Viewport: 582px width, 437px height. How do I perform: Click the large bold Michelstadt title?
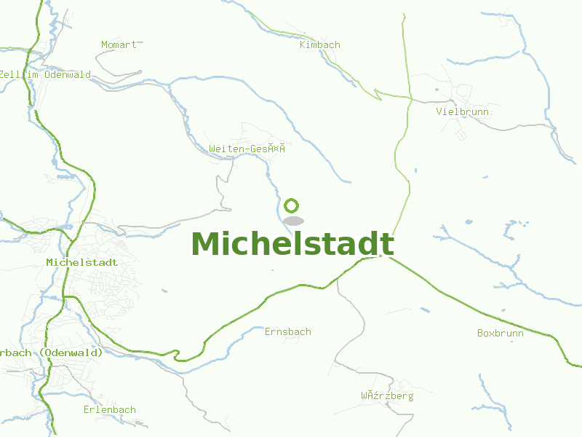pos(292,244)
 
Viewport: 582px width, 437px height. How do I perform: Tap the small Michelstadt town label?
pos(81,262)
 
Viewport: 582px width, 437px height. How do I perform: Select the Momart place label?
pos(119,45)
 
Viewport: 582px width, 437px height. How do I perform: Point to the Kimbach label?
pos(320,45)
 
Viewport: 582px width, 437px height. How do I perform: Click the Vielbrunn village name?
pos(462,112)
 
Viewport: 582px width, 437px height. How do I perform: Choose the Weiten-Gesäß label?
pos(246,149)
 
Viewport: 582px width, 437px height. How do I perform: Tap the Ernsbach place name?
pos(287,332)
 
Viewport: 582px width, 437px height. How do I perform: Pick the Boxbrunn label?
pos(500,334)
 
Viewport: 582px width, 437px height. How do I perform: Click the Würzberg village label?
pos(387,396)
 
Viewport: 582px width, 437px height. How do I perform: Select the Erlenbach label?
pos(109,410)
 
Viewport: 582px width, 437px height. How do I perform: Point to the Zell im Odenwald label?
pos(45,75)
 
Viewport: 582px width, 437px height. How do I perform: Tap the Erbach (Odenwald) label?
pos(51,353)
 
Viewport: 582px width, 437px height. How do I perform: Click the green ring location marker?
pos(292,205)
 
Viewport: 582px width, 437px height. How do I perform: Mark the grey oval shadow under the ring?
pos(293,221)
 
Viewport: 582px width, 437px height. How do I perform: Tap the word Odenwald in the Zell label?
pos(68,75)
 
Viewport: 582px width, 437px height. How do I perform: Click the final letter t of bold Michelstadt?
pos(387,244)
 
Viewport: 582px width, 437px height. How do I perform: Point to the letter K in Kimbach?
pos(303,45)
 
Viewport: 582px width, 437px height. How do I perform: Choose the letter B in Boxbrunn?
pos(480,334)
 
